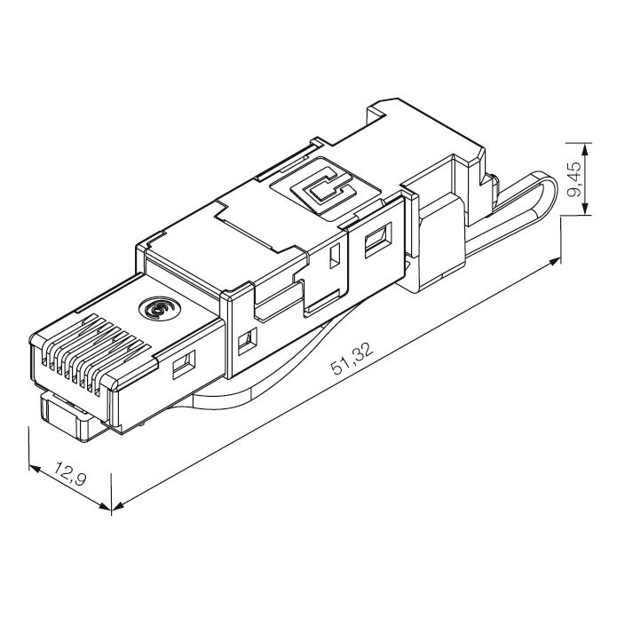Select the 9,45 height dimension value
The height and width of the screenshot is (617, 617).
tap(575, 178)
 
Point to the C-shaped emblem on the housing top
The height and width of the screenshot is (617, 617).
tap(321, 186)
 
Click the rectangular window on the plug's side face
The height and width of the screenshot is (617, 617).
tap(183, 365)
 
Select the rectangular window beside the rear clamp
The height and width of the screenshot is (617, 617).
tap(380, 237)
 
